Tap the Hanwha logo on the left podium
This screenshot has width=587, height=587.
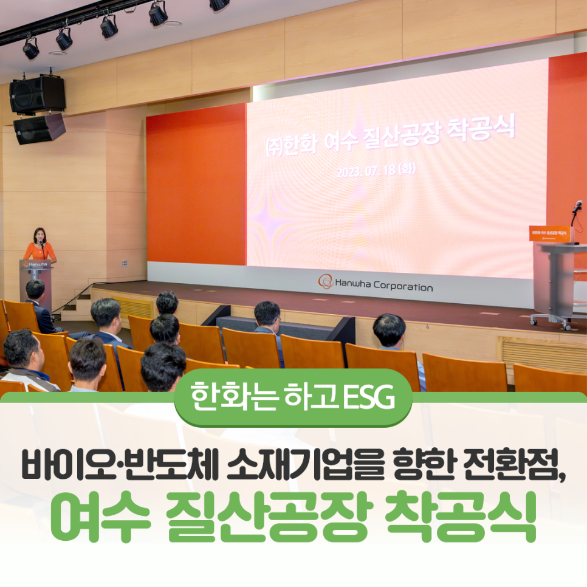pos(35,264)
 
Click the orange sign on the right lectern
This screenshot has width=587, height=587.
pos(549,233)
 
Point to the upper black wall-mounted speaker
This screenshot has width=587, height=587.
pos(37,93)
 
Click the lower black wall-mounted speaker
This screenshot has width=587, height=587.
pos(39,128)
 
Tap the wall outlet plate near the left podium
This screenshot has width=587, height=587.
pos(125,263)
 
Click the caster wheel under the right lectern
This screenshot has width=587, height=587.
pos(534,320)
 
